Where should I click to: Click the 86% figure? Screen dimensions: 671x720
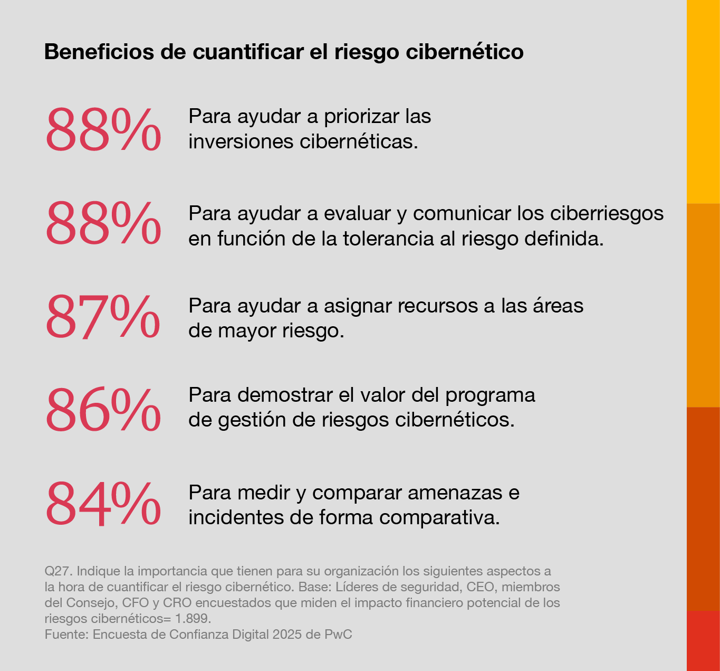[103, 409]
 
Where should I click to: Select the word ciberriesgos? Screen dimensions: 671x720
[607, 213]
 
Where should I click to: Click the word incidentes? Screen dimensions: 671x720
[236, 517]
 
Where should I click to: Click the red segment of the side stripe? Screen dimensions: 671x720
[703, 640]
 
